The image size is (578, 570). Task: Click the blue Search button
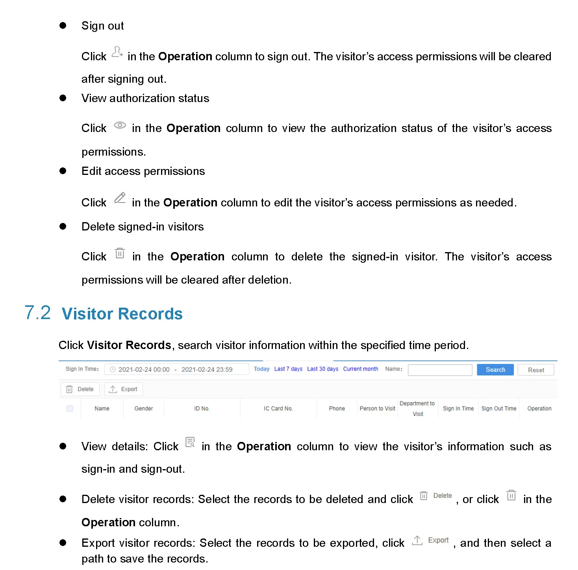tap(495, 369)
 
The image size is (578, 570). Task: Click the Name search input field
tap(440, 370)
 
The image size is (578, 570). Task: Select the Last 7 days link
tap(288, 369)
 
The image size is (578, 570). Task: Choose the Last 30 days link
tap(322, 369)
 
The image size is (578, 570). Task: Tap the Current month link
tap(360, 369)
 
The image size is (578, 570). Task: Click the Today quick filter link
tap(261, 369)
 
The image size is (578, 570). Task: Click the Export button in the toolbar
tap(123, 389)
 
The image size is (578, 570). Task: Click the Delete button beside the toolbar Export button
tap(80, 389)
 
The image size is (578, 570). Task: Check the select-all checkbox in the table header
tap(70, 408)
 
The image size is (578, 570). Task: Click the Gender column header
tap(143, 408)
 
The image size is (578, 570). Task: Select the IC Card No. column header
tap(278, 408)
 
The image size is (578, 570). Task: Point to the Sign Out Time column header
tap(498, 408)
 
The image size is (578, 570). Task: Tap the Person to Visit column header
tap(377, 408)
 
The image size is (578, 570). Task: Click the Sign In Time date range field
tap(176, 369)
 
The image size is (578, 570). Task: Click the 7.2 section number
tap(38, 313)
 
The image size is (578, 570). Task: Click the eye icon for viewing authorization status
tap(120, 126)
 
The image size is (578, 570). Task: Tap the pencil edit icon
tap(120, 198)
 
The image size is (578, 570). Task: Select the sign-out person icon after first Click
tap(117, 52)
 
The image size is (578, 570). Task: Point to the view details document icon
tap(190, 442)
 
